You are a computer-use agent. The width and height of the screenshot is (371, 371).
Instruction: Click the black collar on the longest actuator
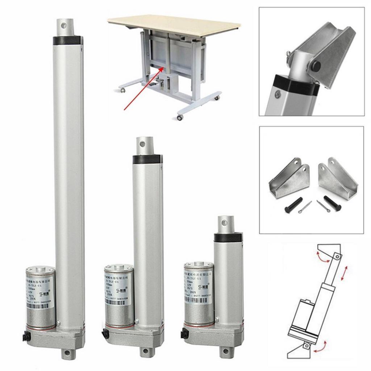point(68,40)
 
